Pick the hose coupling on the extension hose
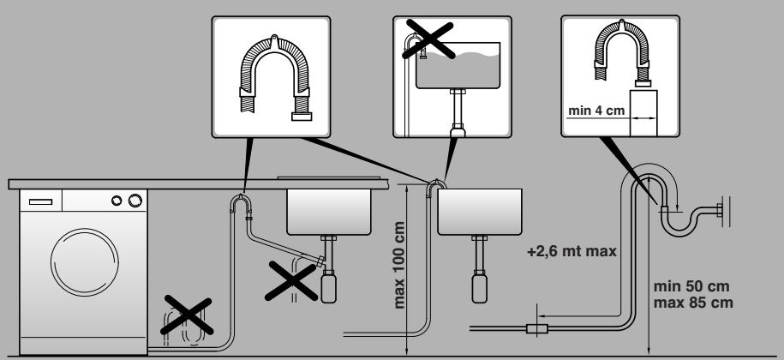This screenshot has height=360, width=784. (x=537, y=327)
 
